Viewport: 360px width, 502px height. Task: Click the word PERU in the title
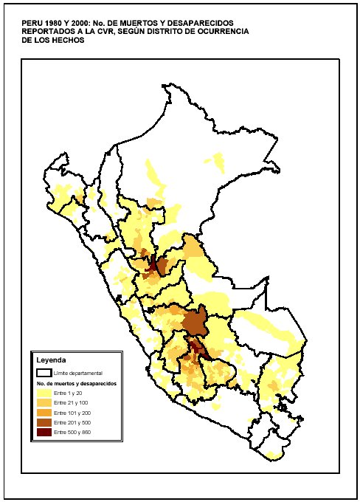(32, 23)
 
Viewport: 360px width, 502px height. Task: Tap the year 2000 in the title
(80, 23)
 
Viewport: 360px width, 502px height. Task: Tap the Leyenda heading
(52, 360)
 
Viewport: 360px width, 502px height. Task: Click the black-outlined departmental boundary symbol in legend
(44, 374)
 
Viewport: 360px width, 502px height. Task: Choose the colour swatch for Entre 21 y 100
(44, 403)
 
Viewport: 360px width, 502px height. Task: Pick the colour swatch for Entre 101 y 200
(44, 413)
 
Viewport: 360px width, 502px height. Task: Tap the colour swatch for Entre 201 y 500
(44, 422)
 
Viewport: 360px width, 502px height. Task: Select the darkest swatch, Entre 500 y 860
(44, 431)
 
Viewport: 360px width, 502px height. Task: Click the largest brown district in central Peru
(194, 322)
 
